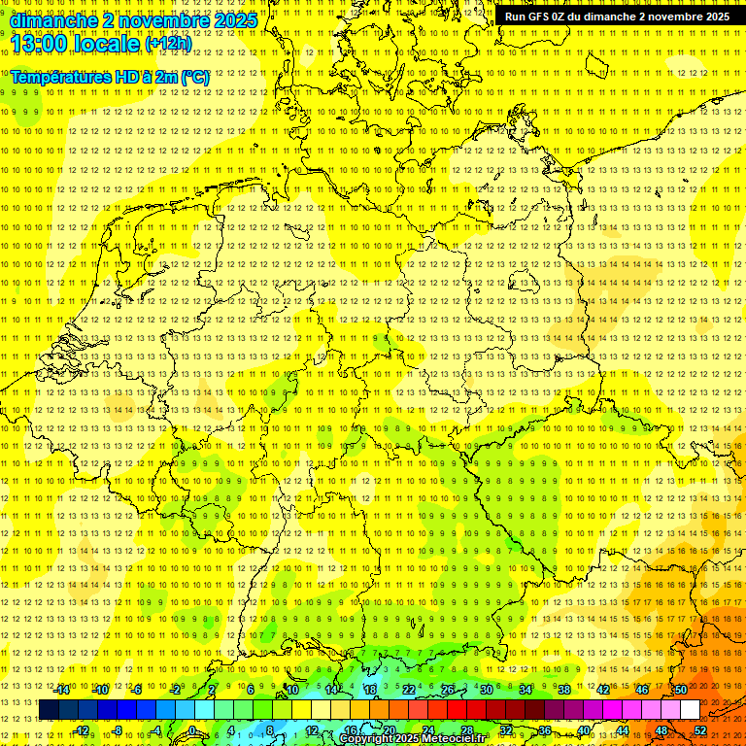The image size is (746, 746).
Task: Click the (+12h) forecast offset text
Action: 168,44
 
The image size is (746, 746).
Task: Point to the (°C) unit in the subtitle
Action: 194,76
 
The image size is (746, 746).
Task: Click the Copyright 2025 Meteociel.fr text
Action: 412,739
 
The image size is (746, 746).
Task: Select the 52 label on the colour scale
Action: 700,729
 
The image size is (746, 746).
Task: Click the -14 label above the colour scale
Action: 63,690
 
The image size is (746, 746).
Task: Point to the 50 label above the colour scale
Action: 681,690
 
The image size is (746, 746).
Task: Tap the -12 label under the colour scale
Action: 83,729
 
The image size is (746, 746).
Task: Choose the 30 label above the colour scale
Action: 487,690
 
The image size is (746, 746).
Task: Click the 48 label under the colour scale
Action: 661,729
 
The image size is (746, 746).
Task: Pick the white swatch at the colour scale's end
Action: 690,710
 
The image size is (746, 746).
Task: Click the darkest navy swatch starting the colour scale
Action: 49,710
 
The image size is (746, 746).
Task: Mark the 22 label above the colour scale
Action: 409,690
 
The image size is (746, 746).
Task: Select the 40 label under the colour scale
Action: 584,729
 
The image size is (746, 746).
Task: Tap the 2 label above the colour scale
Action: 212,690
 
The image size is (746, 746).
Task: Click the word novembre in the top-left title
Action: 157,19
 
